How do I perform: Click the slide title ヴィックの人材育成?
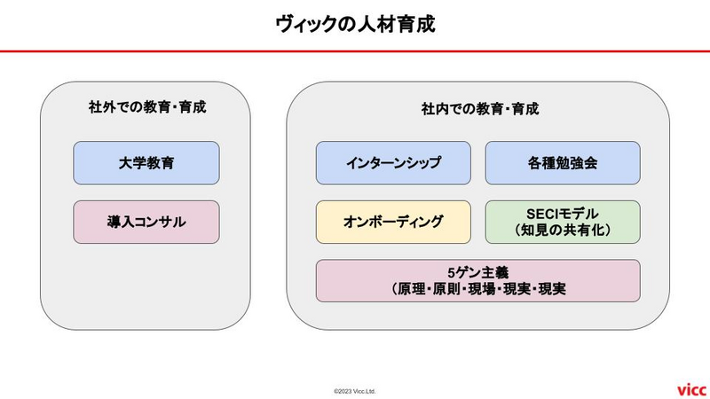click(x=356, y=24)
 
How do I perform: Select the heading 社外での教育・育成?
click(x=147, y=107)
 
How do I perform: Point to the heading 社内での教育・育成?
click(x=480, y=109)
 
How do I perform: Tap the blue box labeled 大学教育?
click(x=146, y=163)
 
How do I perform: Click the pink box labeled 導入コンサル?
click(x=146, y=223)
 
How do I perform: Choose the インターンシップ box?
click(x=393, y=163)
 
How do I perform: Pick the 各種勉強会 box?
click(x=563, y=163)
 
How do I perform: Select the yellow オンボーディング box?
click(x=393, y=223)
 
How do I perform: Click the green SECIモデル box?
click(x=563, y=223)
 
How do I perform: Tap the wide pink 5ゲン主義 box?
click(x=478, y=281)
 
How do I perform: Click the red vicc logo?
click(x=692, y=390)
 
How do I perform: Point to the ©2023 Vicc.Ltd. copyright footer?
click(x=355, y=391)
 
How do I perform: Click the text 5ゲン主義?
click(x=478, y=273)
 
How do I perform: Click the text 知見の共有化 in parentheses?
click(x=563, y=231)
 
